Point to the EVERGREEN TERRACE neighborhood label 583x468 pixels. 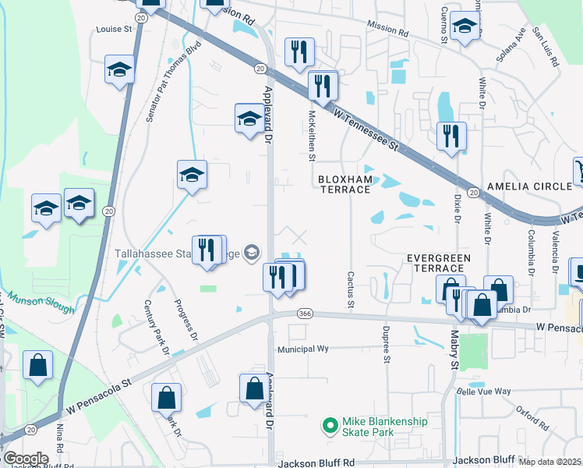coord(439,262)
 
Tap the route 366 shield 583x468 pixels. coord(305,314)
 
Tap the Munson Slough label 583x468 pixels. coord(42,303)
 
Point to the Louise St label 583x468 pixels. coord(114,29)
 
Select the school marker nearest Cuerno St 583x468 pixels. coord(465,29)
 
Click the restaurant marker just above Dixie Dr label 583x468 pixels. coord(450,135)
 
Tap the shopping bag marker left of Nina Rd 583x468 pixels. coord(37,364)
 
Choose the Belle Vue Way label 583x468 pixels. coord(483,392)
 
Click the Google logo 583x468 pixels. coord(26,459)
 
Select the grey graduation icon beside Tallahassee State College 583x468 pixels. coord(252,252)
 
